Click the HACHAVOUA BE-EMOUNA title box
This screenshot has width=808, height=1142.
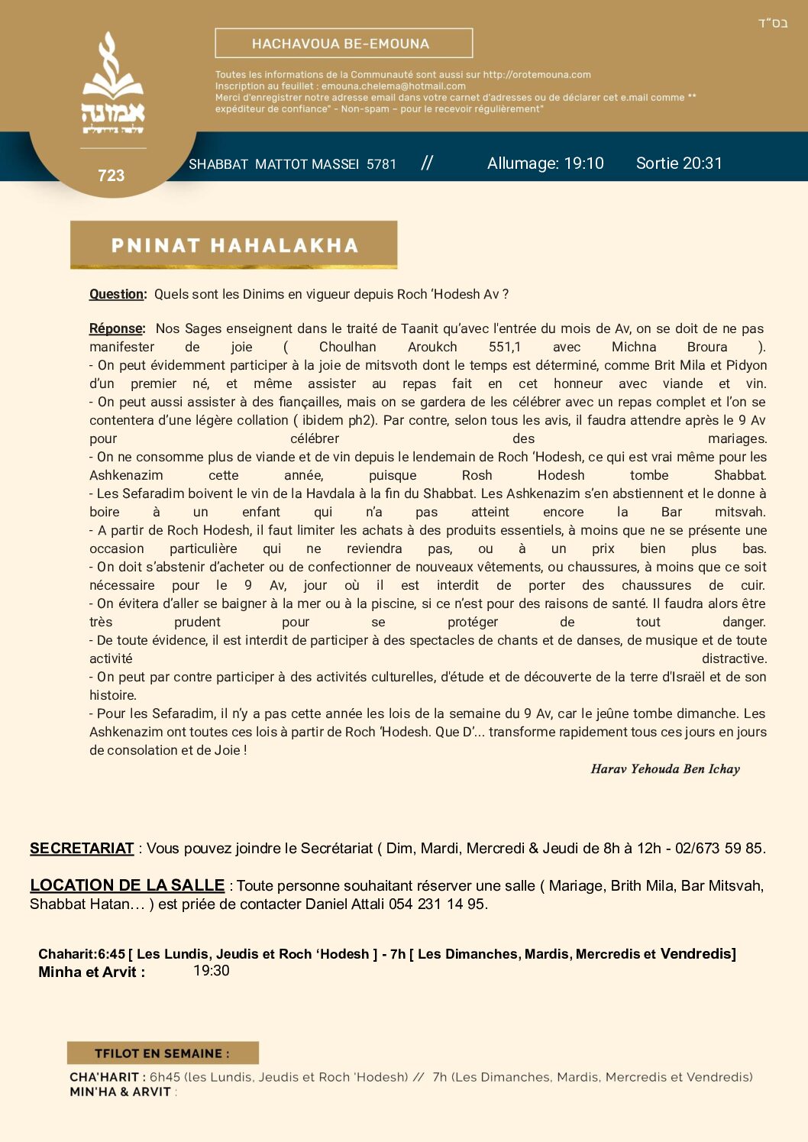[x=344, y=44]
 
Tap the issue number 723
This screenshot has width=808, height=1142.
[x=111, y=176]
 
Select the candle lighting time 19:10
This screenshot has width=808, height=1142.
[x=583, y=163]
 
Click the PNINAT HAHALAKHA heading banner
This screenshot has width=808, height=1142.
[x=234, y=245]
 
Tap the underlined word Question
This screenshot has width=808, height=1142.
[x=117, y=294]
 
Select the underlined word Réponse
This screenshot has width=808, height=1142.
[x=116, y=328]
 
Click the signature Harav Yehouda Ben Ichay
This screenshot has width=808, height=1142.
[x=665, y=769]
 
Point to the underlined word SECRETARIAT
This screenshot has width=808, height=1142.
[x=82, y=848]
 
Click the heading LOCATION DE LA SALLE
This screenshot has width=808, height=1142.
[x=127, y=885]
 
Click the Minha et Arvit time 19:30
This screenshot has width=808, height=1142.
[x=212, y=971]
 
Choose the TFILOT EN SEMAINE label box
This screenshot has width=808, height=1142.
[x=163, y=1053]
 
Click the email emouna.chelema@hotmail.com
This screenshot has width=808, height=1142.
[x=393, y=86]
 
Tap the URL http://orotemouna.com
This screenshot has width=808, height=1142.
[x=537, y=75]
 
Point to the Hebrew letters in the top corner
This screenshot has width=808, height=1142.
[x=773, y=23]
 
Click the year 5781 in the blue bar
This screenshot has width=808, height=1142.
[x=381, y=164]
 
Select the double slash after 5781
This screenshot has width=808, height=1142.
[x=427, y=163]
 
